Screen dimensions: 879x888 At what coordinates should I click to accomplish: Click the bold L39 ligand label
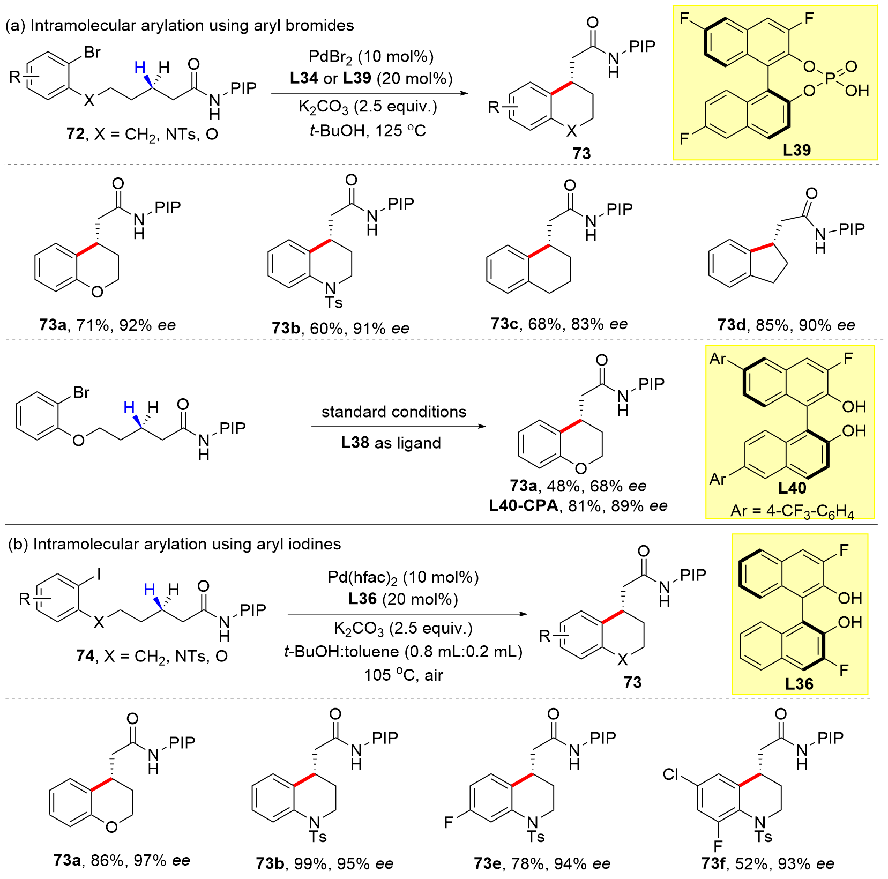[796, 150]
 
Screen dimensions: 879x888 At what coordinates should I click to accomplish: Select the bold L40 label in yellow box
[792, 488]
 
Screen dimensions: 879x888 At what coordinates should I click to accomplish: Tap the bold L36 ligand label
[799, 684]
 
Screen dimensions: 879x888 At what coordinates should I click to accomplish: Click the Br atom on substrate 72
[92, 52]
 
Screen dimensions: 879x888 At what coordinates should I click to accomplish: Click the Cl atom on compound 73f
[671, 775]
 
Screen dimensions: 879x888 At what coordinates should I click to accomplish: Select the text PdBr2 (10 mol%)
[371, 56]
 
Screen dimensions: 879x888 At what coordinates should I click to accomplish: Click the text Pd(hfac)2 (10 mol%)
[403, 577]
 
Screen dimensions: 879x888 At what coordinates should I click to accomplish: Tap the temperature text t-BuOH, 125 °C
[368, 130]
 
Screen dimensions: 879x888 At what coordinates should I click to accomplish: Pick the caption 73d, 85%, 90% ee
[786, 325]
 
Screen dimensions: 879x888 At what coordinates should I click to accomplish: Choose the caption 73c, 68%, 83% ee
[559, 324]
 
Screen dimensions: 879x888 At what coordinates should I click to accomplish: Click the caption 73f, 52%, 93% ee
[767, 863]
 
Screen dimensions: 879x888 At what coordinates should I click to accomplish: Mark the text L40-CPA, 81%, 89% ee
[578, 505]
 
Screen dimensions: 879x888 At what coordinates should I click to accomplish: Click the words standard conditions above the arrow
[394, 412]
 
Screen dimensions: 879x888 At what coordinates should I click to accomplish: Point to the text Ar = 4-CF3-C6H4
[792, 511]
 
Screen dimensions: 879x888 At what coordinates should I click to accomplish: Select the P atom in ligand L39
[830, 79]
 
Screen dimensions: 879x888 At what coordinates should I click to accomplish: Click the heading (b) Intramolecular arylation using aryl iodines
[174, 544]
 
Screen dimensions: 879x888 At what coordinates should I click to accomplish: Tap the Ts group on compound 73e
[536, 837]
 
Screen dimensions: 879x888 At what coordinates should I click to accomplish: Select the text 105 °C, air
[403, 675]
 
